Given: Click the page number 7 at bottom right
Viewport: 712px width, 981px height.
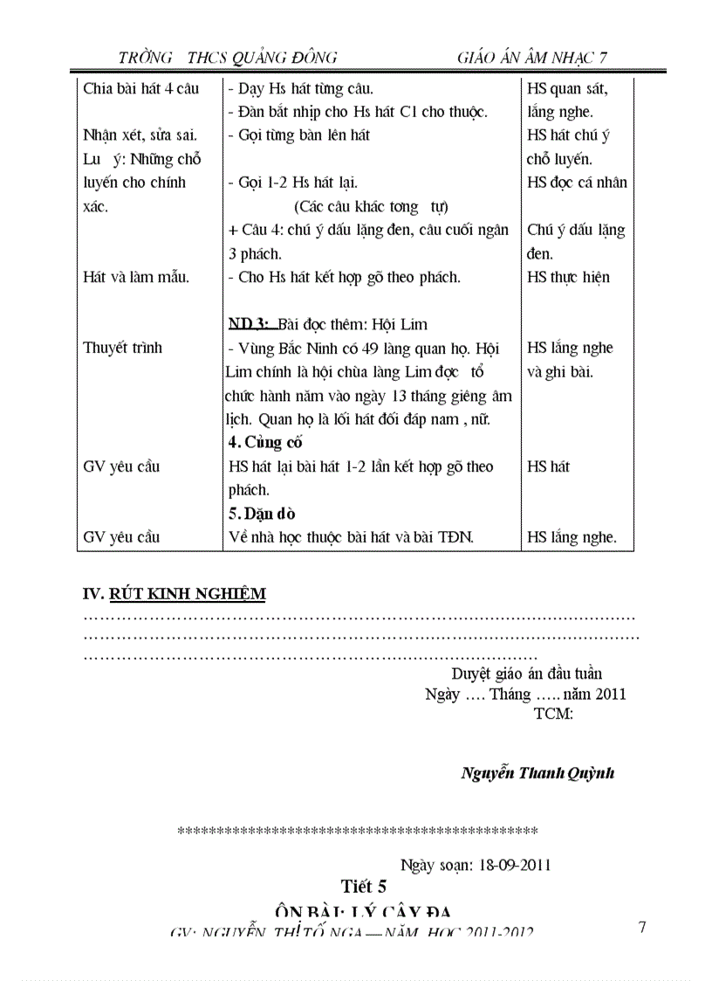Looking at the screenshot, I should tap(642, 928).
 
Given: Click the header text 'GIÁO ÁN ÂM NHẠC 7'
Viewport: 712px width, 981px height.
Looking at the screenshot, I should tap(531, 58).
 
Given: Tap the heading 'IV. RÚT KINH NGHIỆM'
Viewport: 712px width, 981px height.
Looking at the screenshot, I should tap(175, 594).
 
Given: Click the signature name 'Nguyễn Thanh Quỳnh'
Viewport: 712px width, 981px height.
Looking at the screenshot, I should tap(537, 773).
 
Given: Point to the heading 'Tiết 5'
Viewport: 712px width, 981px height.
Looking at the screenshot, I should tap(364, 886).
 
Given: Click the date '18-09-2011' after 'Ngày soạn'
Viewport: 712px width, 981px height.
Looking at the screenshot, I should tap(515, 865).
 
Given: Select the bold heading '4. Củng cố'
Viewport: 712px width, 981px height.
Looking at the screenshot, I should tap(259, 442).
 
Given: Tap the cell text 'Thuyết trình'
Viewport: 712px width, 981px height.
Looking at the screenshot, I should tap(122, 348).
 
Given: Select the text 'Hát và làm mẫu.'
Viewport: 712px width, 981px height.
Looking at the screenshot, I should tap(136, 277).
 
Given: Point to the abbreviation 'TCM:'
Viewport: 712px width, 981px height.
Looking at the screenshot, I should tap(553, 714).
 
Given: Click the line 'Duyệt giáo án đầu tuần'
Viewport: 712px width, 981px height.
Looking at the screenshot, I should tap(526, 674).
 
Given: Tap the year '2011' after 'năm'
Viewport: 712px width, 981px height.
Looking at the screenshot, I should tap(609, 694).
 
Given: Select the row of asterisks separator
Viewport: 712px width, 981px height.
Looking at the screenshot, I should tap(357, 831).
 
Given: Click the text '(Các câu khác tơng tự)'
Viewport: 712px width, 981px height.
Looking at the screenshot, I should tap(371, 206).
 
